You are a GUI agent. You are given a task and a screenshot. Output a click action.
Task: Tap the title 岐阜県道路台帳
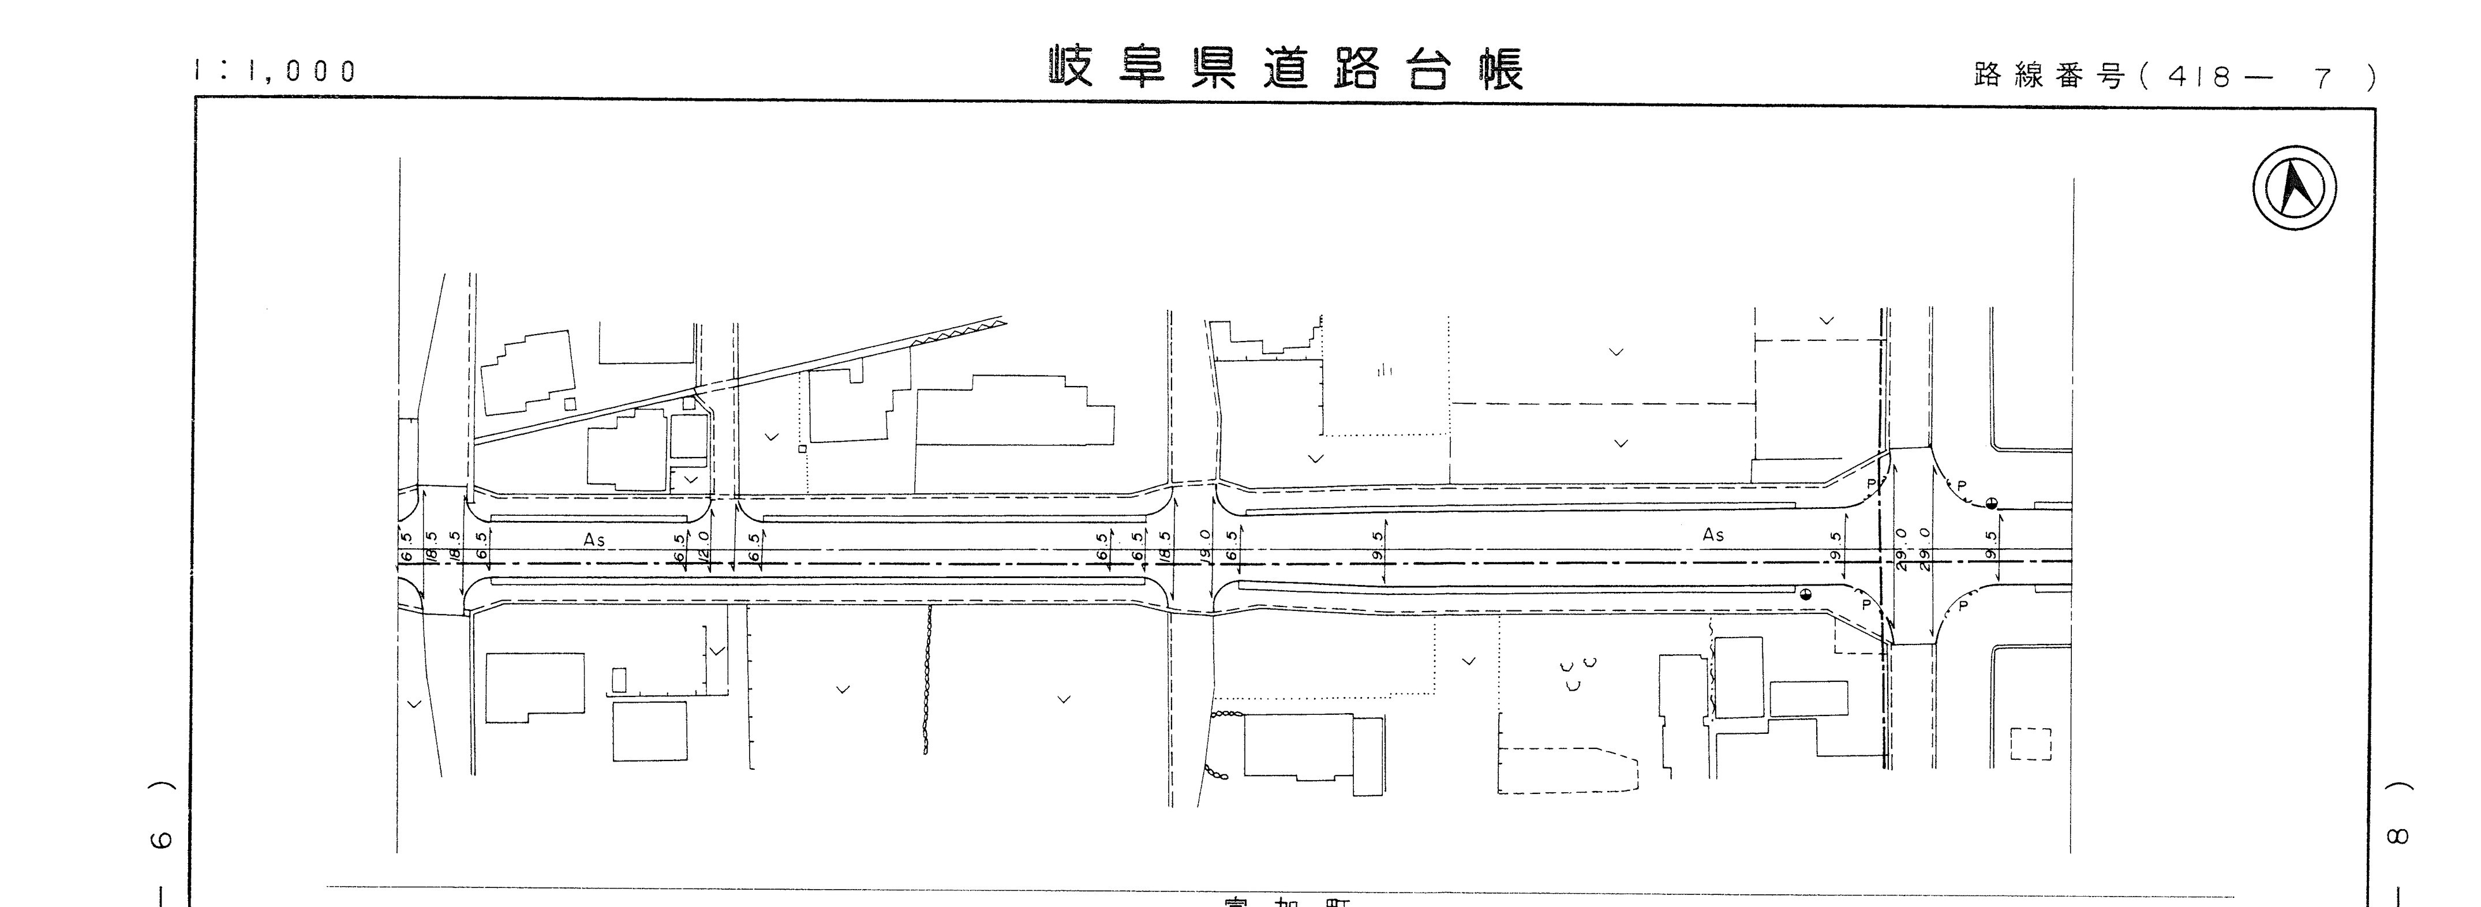click(1286, 69)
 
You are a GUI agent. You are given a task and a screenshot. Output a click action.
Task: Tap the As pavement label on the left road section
click(594, 540)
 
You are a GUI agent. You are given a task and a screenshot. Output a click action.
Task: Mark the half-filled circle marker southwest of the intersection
click(1805, 594)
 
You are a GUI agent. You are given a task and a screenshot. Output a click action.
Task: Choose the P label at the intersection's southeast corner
click(1963, 606)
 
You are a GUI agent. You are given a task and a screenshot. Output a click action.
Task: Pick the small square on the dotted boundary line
click(801, 448)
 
